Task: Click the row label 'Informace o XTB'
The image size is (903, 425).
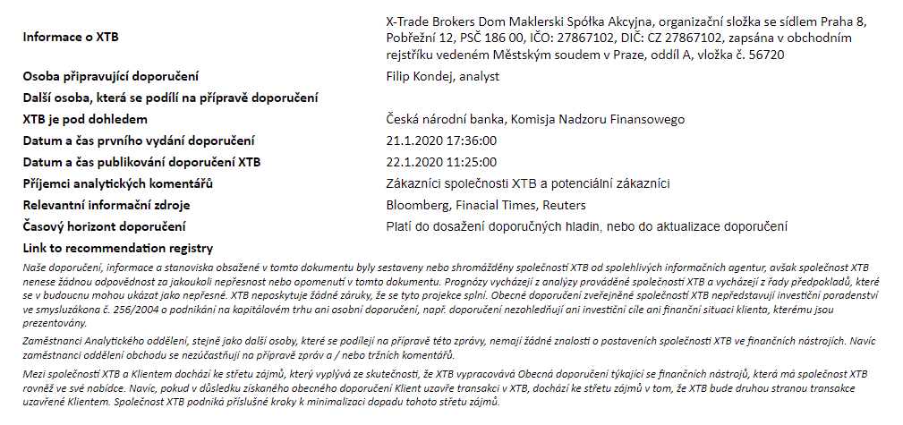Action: [71, 38]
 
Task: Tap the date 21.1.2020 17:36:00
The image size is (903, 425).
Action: [440, 140]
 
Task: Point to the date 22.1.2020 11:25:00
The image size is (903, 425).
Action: [440, 162]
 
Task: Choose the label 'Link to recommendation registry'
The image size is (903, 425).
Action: [117, 248]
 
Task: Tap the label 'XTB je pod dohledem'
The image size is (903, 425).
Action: [84, 119]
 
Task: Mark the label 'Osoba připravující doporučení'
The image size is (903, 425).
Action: [110, 76]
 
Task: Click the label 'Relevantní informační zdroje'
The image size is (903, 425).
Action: [106, 205]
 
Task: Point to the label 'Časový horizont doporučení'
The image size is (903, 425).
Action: [104, 226]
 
